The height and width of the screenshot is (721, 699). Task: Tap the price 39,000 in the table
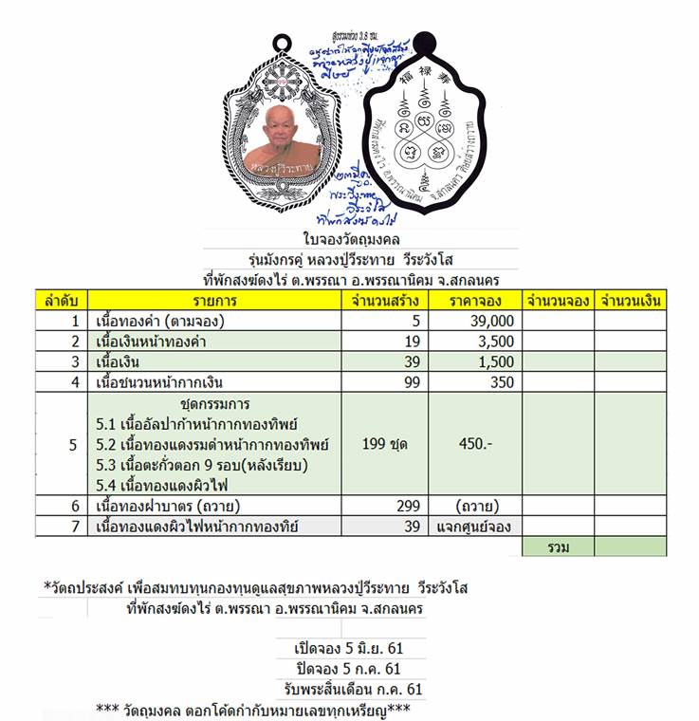click(490, 322)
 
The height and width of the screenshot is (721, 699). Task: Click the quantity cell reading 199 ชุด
click(384, 444)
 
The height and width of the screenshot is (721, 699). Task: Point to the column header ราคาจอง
click(473, 301)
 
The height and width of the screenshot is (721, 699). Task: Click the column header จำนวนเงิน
click(630, 301)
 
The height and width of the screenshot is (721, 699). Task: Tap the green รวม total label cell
click(558, 546)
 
